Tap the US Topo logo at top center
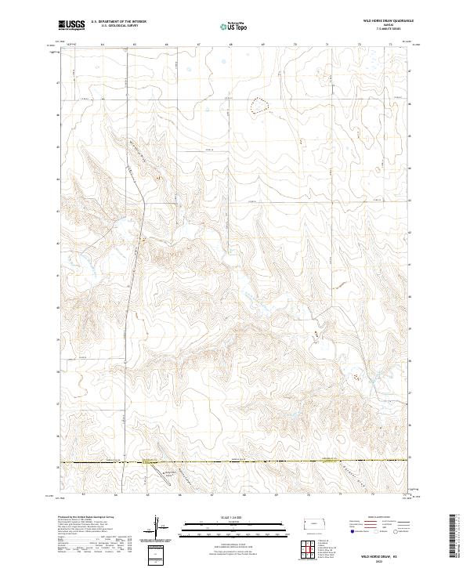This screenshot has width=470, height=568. tap(234, 26)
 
